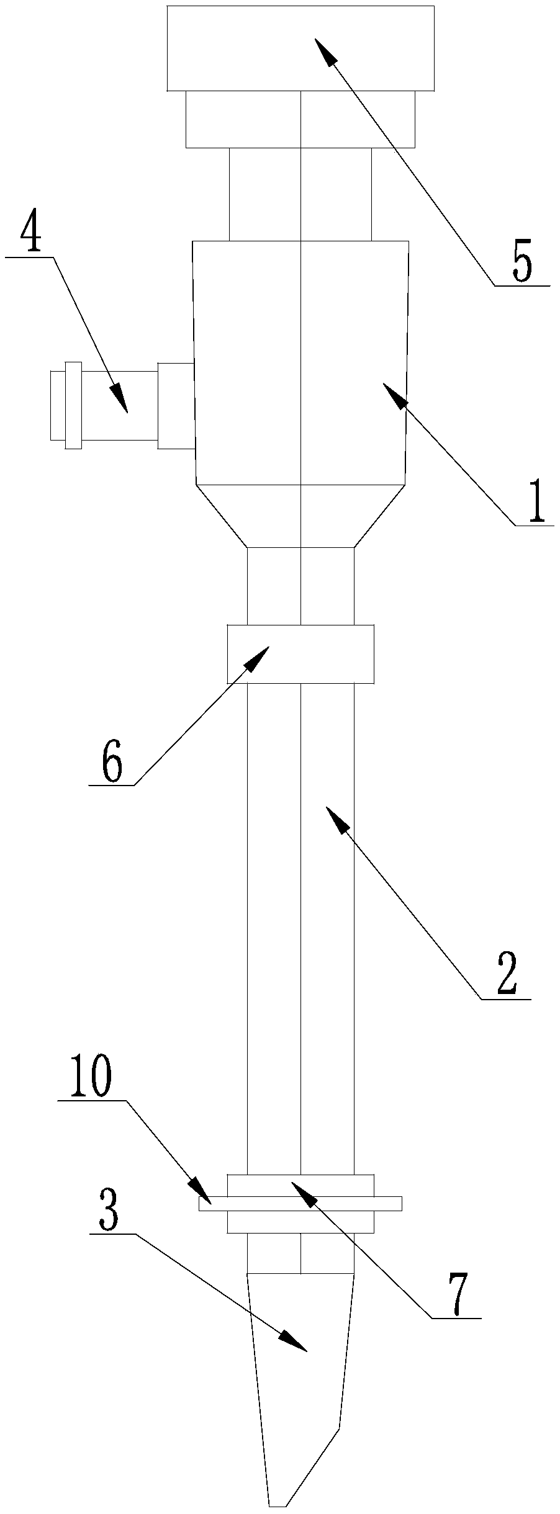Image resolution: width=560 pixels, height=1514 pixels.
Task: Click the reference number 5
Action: point(522,264)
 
